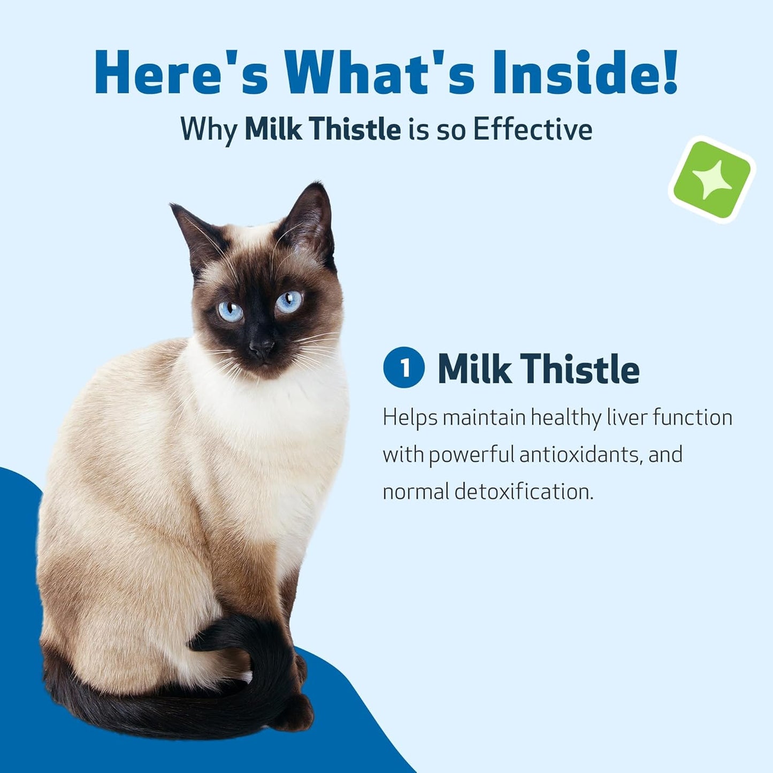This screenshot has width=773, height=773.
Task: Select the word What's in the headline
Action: pos(379,72)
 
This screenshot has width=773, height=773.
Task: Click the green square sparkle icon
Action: pos(711,179)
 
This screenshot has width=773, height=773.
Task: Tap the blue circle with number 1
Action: pos(404,368)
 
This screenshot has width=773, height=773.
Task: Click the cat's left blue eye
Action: pos(231,311)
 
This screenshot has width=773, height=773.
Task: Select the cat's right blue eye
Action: pos(289,302)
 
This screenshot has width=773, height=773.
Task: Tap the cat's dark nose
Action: pos(262,349)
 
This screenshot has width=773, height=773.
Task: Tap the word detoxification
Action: pos(524,492)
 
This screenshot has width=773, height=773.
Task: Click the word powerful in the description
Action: pos(471,455)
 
